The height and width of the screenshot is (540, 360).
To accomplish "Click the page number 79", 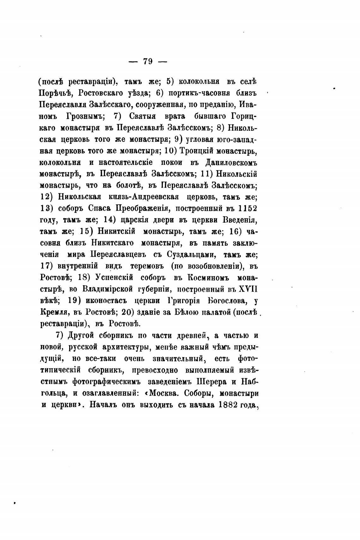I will coord(148,61).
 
